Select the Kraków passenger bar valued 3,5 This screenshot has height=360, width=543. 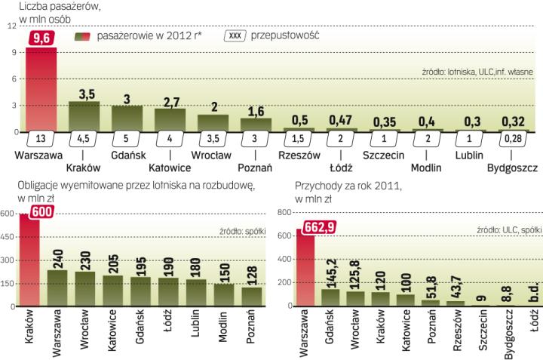point(84,116)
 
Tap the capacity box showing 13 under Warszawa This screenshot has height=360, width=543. point(41,138)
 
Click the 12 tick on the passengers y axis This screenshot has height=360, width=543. point(11,27)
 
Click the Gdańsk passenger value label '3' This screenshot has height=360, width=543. point(127,99)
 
